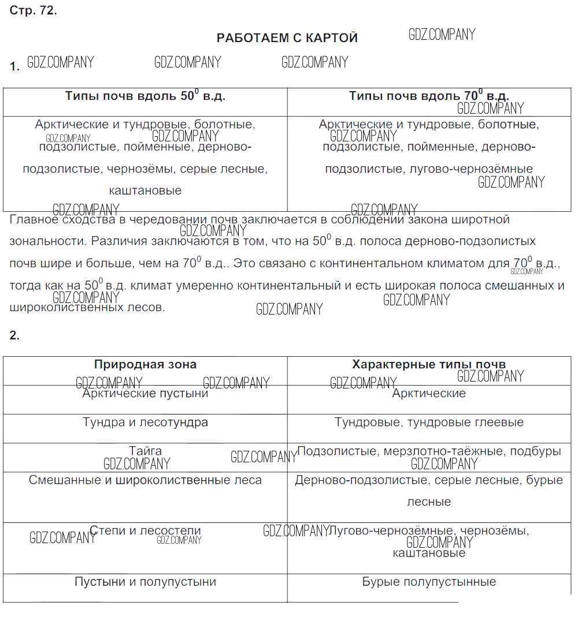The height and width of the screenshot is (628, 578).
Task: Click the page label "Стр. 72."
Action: click(33, 12)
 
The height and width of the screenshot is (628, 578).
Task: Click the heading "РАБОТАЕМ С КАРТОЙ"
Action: click(287, 38)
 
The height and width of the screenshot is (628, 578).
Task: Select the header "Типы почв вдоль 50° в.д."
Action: click(145, 96)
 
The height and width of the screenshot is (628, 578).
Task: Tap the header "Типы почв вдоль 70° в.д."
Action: click(429, 96)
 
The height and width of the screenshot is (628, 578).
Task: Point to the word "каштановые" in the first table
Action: click(145, 190)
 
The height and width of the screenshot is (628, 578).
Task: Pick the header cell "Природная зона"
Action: click(145, 365)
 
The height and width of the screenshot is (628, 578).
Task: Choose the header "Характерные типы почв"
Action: click(429, 365)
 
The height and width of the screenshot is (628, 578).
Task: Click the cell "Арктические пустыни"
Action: click(145, 394)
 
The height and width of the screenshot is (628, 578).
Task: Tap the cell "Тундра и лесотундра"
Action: click(145, 423)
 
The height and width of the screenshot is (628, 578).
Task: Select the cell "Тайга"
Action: click(145, 451)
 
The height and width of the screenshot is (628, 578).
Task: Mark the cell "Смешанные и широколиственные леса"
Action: click(145, 480)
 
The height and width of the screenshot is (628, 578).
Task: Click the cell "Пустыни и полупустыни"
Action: click(145, 582)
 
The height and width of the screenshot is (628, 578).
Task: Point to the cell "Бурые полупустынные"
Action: click(429, 582)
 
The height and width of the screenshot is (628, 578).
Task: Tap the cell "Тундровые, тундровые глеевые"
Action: click(429, 423)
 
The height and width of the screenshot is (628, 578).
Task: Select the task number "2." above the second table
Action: click(14, 335)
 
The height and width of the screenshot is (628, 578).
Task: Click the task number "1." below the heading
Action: click(14, 67)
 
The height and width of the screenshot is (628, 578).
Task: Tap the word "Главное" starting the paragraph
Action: click(33, 219)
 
